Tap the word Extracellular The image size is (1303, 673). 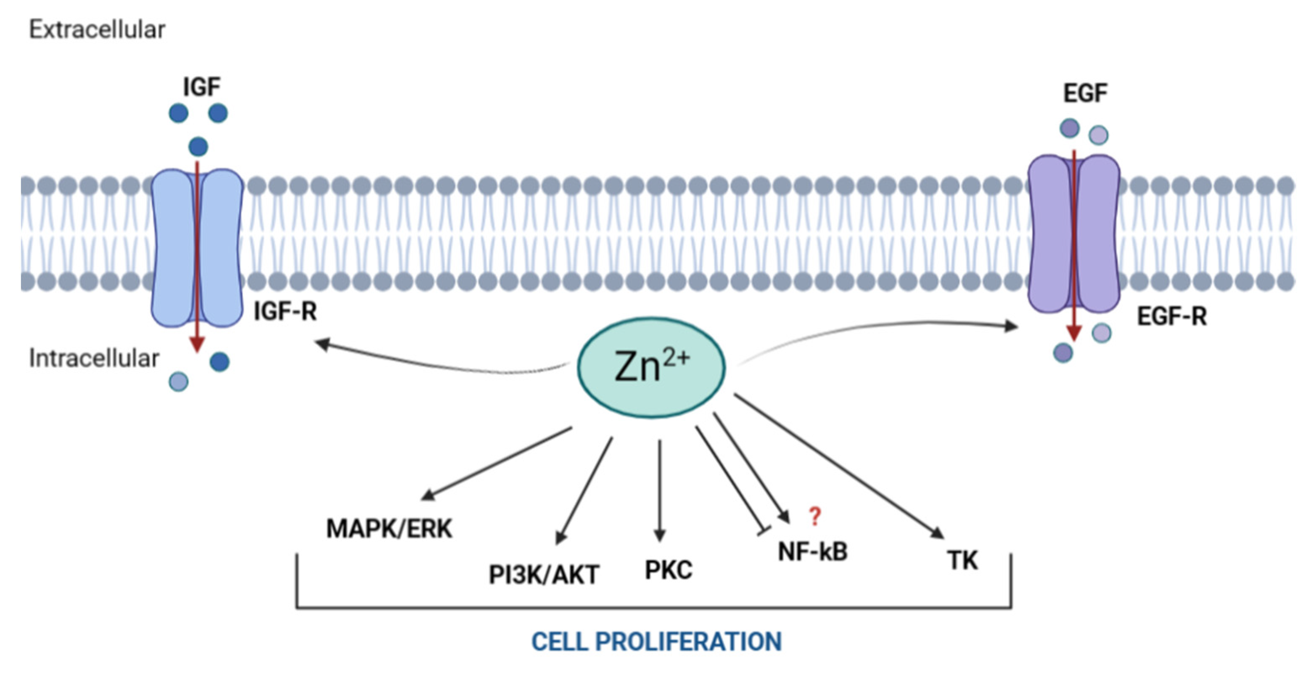[97, 30]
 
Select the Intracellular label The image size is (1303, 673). [94, 358]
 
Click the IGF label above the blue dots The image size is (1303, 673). [201, 87]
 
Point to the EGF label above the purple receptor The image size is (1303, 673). [1085, 93]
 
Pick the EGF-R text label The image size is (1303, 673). [1171, 317]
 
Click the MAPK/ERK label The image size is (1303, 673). [389, 529]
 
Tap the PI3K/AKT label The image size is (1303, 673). [544, 575]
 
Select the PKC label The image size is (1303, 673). [668, 570]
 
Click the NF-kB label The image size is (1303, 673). [812, 551]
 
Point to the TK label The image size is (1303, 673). [962, 561]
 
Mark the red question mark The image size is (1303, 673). [814, 517]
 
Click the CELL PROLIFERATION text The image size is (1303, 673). [656, 641]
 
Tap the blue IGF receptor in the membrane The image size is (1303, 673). [197, 248]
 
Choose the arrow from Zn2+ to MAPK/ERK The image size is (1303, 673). [498, 463]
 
